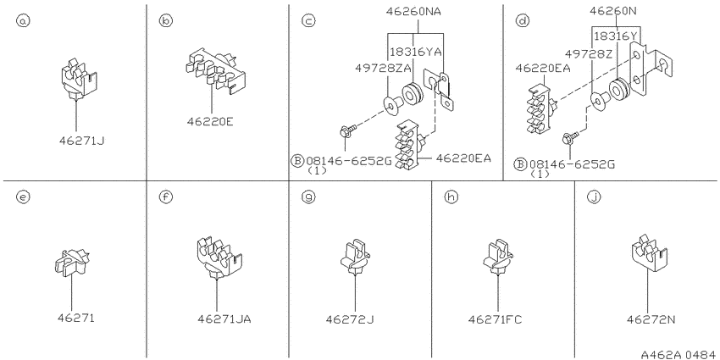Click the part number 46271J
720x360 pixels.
point(81,141)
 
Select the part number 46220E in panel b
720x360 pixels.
point(210,122)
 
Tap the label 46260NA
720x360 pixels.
point(413,12)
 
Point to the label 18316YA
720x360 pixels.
point(415,52)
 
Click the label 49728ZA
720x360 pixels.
point(382,68)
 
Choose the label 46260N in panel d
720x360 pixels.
point(613,10)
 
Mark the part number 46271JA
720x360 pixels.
point(224,318)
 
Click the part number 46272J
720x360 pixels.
point(350,319)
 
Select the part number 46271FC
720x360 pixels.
point(495,319)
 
